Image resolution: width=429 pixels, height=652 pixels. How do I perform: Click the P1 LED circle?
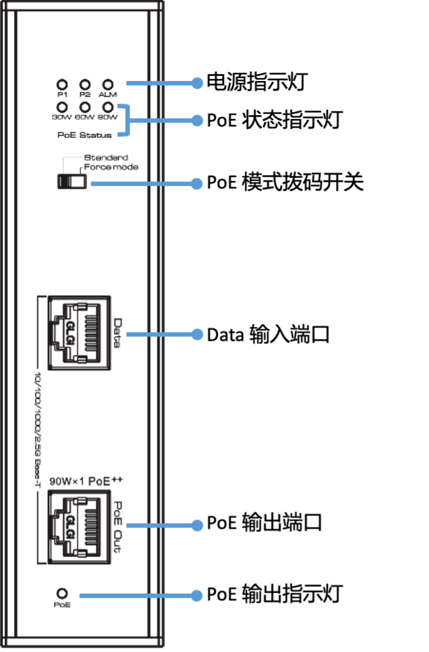point(62,84)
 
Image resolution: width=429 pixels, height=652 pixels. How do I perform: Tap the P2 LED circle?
point(85,84)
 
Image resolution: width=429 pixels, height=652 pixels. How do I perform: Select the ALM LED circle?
point(108,84)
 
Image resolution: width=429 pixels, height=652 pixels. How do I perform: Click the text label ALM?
point(108,95)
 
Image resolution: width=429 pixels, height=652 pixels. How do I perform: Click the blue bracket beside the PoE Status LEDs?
point(129,120)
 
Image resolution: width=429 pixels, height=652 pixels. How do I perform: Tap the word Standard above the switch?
point(106,158)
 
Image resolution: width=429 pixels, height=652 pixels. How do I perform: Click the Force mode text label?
point(111,168)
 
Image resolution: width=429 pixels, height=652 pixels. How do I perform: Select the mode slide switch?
point(71,182)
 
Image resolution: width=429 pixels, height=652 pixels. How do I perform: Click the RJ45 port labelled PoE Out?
point(75,525)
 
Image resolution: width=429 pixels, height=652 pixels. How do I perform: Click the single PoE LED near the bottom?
point(63,594)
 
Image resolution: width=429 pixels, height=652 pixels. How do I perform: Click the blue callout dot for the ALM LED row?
point(197,83)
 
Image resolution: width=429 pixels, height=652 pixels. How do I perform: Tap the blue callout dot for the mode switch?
point(197,184)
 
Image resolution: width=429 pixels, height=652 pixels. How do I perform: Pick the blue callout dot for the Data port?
point(197,334)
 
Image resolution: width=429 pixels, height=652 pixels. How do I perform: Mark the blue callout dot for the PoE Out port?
point(197,525)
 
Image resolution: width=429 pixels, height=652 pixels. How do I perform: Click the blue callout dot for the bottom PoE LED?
point(197,595)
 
